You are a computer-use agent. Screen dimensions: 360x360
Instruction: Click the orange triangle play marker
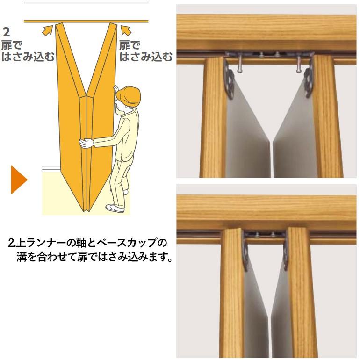click(18, 180)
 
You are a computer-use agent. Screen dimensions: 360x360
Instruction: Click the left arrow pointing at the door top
click(47, 30)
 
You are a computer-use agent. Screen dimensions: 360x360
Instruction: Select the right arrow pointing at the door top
click(126, 30)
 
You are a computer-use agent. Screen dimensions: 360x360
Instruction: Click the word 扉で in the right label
click(130, 46)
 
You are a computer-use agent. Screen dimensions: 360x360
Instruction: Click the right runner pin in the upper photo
click(297, 65)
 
